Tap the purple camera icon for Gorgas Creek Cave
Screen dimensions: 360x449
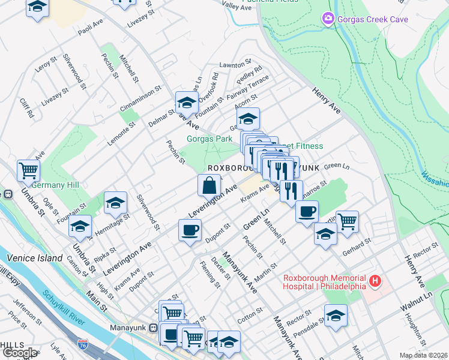327,19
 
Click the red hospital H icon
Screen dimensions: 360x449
375,280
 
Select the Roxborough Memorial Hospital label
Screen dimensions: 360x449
325,281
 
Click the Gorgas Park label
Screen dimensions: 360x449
209,139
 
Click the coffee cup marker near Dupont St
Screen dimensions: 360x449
190,230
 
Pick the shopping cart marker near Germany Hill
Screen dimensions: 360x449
28,171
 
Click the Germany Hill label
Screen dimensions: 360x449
56,185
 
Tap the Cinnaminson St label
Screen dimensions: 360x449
141,98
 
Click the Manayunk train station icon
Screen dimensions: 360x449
154,328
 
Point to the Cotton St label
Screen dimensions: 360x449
250,314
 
